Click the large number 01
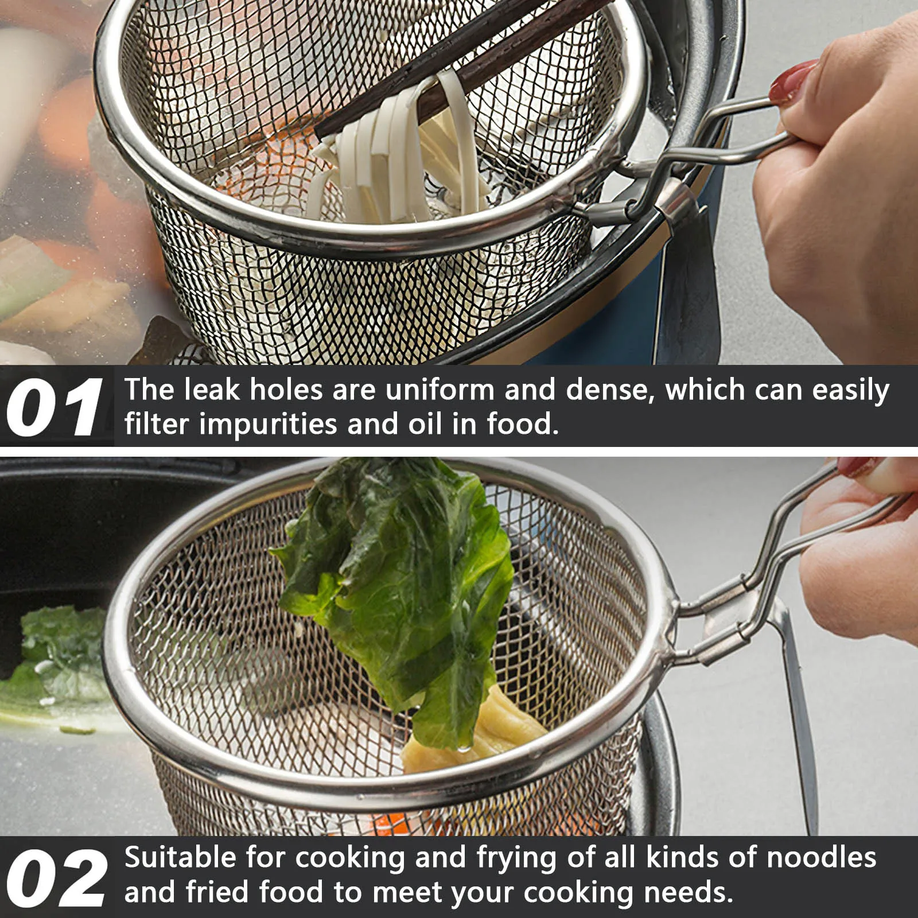[55, 407]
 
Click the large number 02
[56, 878]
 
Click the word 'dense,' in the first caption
[610, 390]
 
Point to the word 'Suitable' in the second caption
[181, 858]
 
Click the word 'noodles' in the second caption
[822, 858]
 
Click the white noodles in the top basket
[396, 155]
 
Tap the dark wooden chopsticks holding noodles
[459, 63]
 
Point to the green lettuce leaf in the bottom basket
[396, 591]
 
